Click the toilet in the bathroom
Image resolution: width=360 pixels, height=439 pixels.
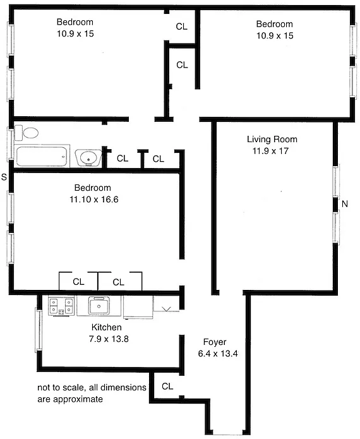(x=27, y=133)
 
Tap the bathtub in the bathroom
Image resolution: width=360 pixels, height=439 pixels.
(x=42, y=156)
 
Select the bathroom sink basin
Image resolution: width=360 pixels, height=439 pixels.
(x=88, y=158)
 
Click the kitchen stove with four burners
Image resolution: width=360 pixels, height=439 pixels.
(x=61, y=306)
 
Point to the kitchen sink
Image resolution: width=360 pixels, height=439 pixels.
(x=99, y=306)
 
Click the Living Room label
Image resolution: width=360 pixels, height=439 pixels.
(x=272, y=139)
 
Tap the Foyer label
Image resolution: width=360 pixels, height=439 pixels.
(x=215, y=342)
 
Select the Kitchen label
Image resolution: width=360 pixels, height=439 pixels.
(x=106, y=327)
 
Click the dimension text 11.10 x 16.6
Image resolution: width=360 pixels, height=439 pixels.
(x=93, y=200)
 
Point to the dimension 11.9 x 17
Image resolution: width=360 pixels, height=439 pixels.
(x=270, y=151)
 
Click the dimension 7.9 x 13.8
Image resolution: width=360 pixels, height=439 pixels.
(x=109, y=339)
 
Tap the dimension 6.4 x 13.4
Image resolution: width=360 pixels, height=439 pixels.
(x=218, y=354)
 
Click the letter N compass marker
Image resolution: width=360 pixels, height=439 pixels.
(x=345, y=204)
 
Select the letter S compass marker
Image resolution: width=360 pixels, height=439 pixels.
(x=4, y=177)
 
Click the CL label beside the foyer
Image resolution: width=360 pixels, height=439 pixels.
(x=167, y=387)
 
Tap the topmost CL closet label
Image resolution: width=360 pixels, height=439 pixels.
(x=181, y=27)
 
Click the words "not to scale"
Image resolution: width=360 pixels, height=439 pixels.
(x=61, y=387)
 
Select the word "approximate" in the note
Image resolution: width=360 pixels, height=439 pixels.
(x=78, y=399)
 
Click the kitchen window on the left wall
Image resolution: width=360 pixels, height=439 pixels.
(x=39, y=330)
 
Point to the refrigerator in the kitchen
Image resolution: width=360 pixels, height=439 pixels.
(x=138, y=307)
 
